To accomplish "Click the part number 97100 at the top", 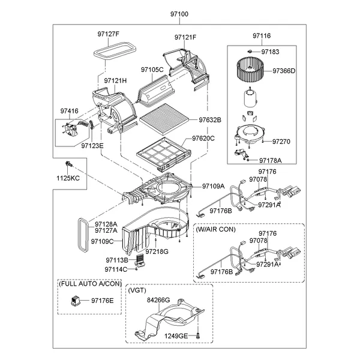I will tap(179, 13).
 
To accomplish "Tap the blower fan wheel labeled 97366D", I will tap(248, 70).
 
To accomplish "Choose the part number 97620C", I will tap(203, 139).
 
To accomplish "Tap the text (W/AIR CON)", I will tap(215, 229).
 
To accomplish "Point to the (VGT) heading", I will tap(137, 290).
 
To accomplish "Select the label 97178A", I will tap(270, 161).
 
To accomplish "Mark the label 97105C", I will tap(152, 70).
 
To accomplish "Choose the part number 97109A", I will tap(213, 186).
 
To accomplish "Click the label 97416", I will tap(70, 111).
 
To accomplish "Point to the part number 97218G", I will tap(157, 251).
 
